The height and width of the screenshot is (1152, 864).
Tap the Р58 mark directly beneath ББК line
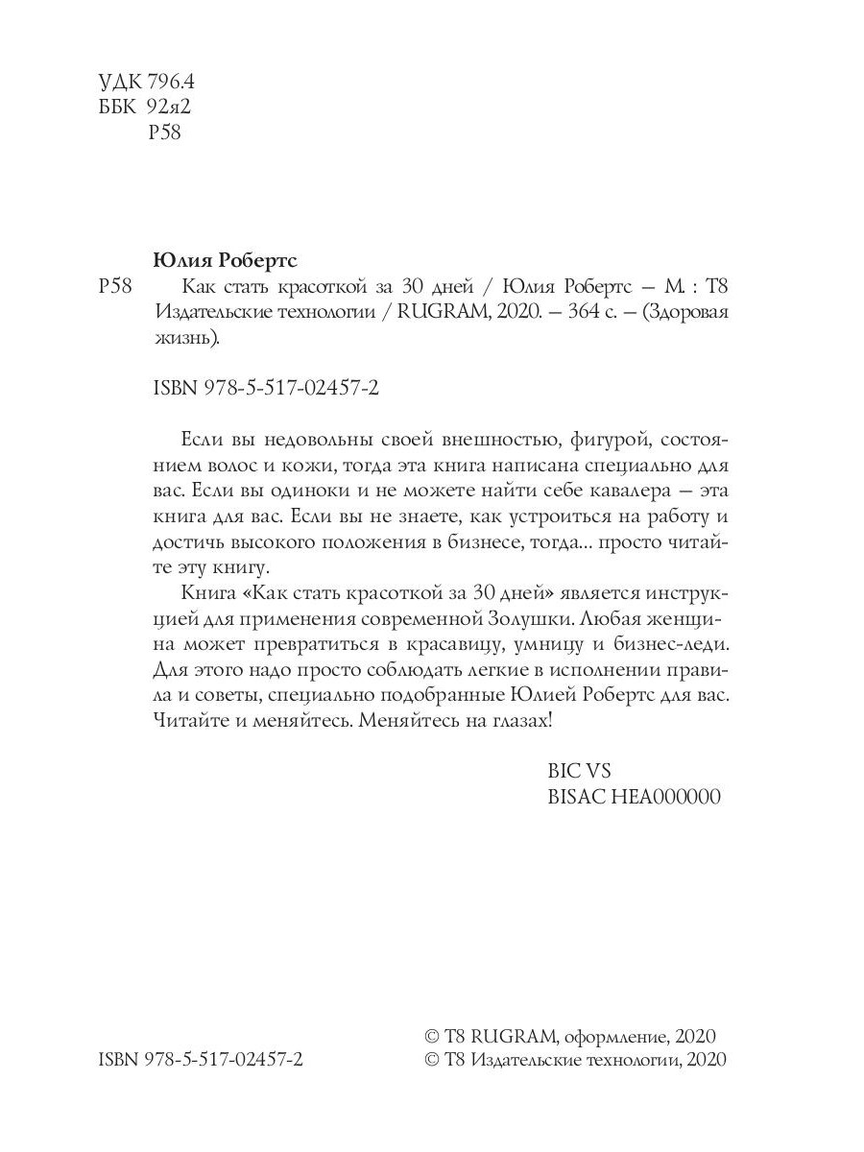coord(165,132)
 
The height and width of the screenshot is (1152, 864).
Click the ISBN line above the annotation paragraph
coord(267,387)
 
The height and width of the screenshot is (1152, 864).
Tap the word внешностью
coord(496,440)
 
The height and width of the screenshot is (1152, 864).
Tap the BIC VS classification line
coord(578,770)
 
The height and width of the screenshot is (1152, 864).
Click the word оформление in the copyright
coord(615,1036)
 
